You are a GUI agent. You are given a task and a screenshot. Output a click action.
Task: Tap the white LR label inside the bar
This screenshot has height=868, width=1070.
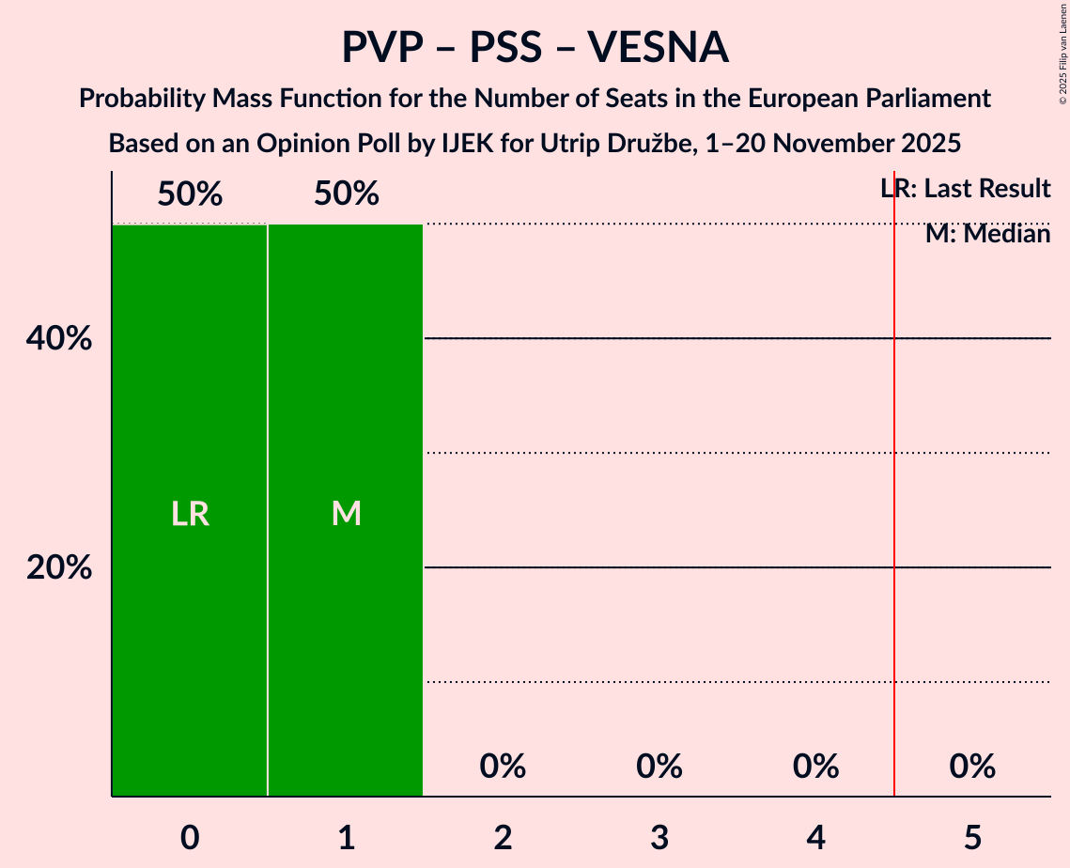[x=190, y=514]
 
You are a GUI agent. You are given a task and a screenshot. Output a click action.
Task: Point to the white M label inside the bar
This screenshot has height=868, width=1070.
[x=346, y=514]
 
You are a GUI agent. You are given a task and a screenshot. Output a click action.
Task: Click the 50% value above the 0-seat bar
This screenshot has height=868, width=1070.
[x=190, y=194]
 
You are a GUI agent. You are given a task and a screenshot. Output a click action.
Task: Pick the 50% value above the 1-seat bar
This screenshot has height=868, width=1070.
[x=346, y=194]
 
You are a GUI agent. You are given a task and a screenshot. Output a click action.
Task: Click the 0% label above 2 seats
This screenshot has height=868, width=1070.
[x=503, y=767]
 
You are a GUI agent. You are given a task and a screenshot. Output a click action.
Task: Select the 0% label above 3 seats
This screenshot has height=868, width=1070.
[x=659, y=767]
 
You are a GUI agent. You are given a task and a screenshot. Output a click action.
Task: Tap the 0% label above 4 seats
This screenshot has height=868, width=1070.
[x=815, y=767]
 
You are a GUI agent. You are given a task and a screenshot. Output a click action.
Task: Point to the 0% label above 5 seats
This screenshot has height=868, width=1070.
[x=971, y=767]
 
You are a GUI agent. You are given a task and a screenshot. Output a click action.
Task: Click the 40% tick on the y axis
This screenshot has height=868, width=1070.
[x=59, y=338]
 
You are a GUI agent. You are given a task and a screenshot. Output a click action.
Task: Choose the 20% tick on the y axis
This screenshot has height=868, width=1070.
[x=59, y=567]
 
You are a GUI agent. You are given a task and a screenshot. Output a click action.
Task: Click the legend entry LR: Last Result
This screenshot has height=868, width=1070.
[x=965, y=189]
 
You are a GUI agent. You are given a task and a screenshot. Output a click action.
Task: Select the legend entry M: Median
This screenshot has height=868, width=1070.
[x=987, y=233]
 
